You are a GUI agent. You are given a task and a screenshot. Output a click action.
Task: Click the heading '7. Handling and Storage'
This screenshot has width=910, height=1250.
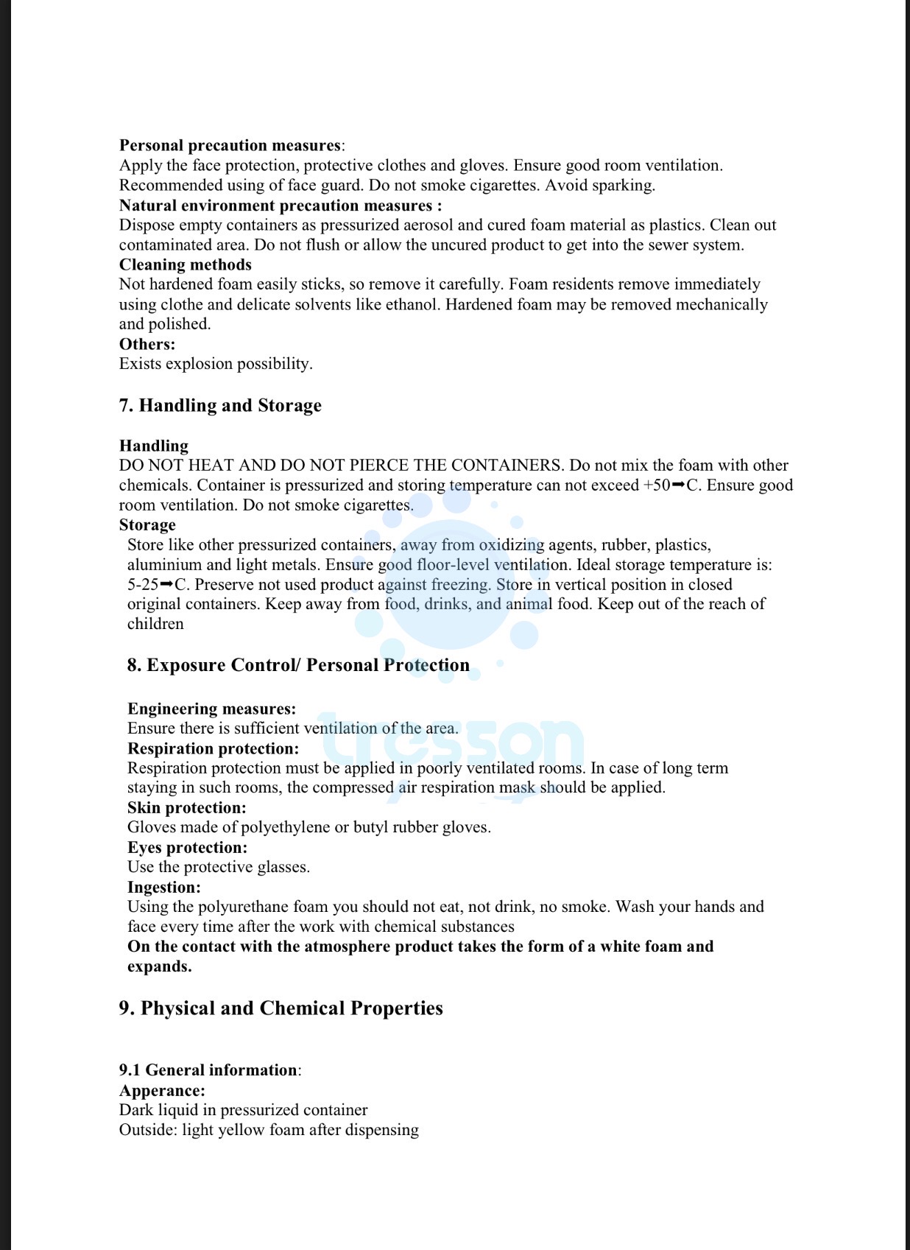pyautogui.click(x=220, y=406)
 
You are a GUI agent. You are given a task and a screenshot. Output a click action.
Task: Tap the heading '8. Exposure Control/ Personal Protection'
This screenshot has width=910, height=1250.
pyautogui.click(x=298, y=665)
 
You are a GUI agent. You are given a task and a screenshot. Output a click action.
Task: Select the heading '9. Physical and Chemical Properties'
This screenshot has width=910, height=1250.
pyautogui.click(x=281, y=1008)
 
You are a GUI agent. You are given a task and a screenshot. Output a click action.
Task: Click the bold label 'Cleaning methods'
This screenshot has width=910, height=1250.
pyautogui.click(x=186, y=264)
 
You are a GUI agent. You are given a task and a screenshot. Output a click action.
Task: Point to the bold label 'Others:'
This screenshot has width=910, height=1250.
pyautogui.click(x=147, y=344)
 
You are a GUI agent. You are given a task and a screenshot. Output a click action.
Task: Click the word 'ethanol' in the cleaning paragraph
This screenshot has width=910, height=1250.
pyautogui.click(x=413, y=304)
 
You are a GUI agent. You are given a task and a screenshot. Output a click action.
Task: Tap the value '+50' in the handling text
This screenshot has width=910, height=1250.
pyautogui.click(x=655, y=485)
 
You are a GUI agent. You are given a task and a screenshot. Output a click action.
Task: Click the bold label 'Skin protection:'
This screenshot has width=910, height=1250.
pyautogui.click(x=187, y=808)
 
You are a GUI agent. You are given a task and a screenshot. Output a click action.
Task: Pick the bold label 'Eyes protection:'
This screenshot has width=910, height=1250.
pyautogui.click(x=187, y=848)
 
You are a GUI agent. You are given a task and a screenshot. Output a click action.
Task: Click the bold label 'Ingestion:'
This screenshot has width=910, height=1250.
pyautogui.click(x=164, y=888)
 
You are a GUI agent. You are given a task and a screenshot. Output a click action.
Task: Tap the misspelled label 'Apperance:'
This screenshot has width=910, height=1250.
pyautogui.click(x=162, y=1091)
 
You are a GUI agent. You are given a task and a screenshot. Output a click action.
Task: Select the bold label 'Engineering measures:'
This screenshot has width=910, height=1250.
pyautogui.click(x=211, y=709)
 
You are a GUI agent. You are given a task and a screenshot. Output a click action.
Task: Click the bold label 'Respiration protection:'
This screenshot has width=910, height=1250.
pyautogui.click(x=213, y=748)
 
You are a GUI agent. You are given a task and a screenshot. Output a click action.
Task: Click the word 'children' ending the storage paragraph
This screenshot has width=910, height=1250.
pyautogui.click(x=155, y=624)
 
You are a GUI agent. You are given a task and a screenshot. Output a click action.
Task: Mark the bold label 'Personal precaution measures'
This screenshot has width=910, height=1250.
pyautogui.click(x=230, y=145)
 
